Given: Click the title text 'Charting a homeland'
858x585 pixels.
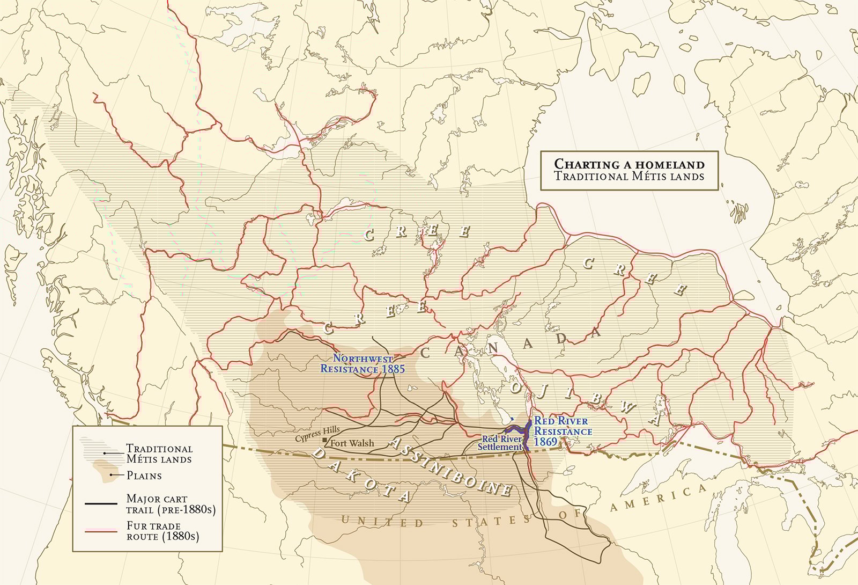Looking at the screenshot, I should [628, 164].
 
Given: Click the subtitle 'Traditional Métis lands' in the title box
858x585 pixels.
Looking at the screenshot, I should [628, 176].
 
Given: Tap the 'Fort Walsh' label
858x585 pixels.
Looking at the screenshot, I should [352, 443].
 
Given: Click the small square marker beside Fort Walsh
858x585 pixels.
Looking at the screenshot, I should [324, 440].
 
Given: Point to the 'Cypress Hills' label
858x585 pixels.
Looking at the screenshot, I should [317, 434].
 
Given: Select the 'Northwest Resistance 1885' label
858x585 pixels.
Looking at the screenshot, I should [363, 363].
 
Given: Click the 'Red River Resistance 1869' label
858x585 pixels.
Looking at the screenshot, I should [562, 431].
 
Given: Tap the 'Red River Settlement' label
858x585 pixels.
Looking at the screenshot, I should [500, 443].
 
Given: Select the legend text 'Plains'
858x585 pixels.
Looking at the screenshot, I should [144, 476].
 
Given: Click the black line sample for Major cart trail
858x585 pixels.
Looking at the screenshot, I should [100, 503].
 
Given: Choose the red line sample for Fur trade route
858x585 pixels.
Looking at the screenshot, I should [100, 531].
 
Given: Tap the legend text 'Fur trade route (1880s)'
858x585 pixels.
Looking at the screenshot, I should [162, 531].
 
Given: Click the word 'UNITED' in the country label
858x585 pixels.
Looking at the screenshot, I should [382, 521].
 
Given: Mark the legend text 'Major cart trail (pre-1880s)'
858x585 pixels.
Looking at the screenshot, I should [171, 504].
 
